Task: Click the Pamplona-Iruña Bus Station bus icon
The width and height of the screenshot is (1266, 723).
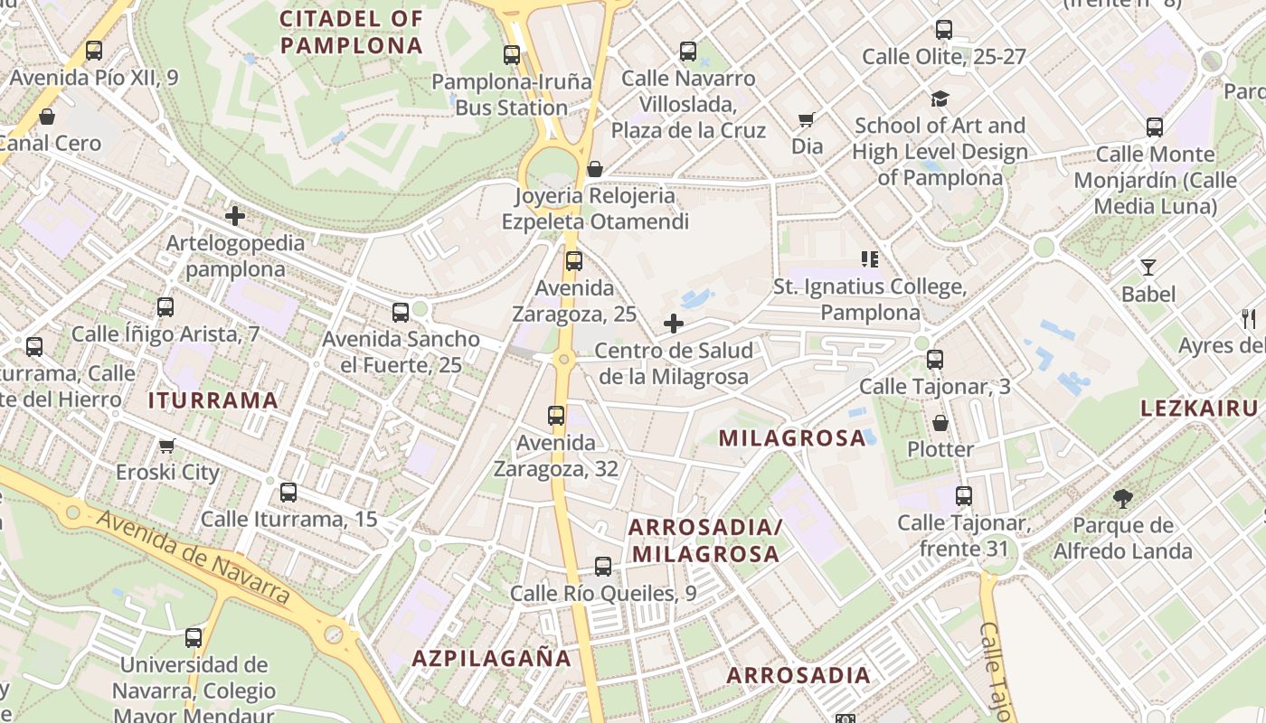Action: (x=511, y=54)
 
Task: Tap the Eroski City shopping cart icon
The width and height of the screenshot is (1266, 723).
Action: (x=166, y=446)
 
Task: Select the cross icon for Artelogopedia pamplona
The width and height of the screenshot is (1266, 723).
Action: (x=235, y=216)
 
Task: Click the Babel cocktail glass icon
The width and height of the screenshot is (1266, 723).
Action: (x=1148, y=267)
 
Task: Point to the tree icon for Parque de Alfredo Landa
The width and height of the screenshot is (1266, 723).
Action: (x=1122, y=498)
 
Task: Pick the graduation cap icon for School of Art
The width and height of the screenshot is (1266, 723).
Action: (x=940, y=99)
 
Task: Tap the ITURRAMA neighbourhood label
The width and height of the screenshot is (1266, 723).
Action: (x=213, y=400)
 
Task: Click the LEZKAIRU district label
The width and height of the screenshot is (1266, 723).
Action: (x=1199, y=408)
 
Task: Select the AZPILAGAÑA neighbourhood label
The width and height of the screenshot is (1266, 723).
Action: (x=492, y=658)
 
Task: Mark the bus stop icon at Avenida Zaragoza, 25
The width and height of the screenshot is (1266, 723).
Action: (x=573, y=261)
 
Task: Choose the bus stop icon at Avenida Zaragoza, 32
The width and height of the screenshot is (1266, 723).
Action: (x=556, y=416)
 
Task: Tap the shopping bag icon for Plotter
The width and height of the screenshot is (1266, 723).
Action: (x=940, y=422)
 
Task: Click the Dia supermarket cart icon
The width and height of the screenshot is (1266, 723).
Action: (x=807, y=119)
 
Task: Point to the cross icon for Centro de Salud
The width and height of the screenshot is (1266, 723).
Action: (x=674, y=324)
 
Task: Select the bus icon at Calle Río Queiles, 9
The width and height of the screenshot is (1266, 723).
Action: (x=603, y=567)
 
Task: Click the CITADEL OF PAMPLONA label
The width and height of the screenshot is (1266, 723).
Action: (x=352, y=32)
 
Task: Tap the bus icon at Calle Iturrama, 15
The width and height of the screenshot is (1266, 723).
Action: (x=288, y=493)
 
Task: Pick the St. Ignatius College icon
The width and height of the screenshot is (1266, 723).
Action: (x=870, y=260)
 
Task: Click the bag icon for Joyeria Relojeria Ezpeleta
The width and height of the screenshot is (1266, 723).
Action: (x=595, y=169)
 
